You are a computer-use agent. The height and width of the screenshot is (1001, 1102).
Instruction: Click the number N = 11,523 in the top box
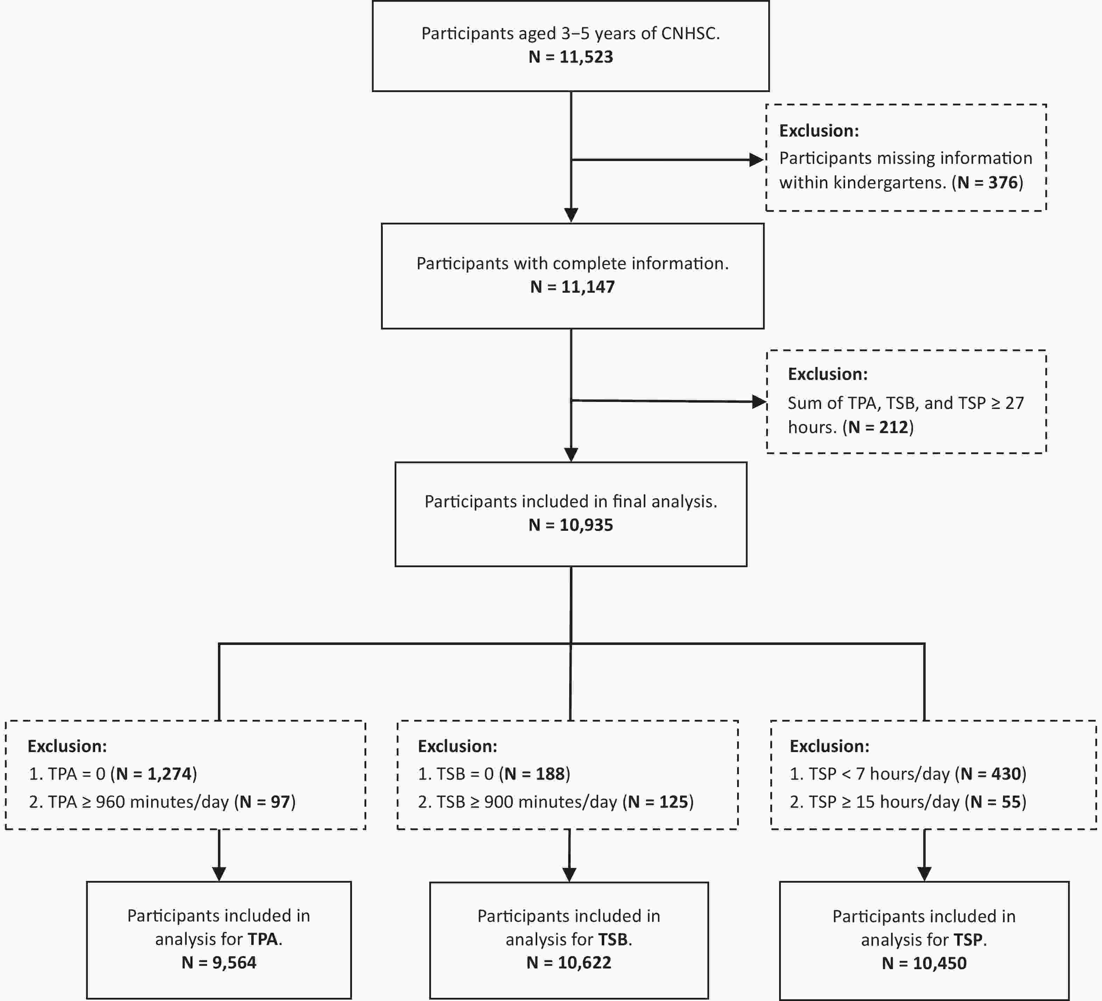pyautogui.click(x=571, y=57)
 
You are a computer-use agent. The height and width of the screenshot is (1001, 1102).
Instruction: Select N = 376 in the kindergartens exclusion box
pyautogui.click(x=988, y=182)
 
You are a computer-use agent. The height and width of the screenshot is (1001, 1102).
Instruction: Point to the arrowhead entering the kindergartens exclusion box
pyautogui.click(x=756, y=160)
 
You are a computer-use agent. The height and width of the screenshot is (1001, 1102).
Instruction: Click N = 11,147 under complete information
pyautogui.click(x=572, y=287)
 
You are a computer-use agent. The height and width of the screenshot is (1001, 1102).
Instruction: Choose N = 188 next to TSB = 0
pyautogui.click(x=534, y=773)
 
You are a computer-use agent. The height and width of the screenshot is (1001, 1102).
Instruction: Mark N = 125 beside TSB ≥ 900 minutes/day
pyautogui.click(x=658, y=801)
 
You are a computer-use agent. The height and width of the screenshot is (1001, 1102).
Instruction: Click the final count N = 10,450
pyautogui.click(x=924, y=963)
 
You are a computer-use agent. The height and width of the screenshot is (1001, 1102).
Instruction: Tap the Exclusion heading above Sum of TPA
pyautogui.click(x=828, y=374)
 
